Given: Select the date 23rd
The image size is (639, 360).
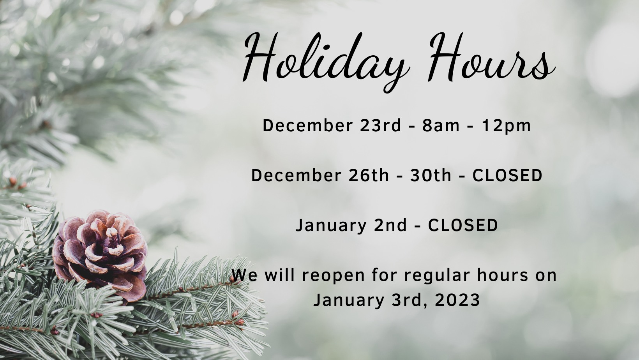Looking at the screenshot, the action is click(380, 125).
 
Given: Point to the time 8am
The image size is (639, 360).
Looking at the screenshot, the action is click(441, 125).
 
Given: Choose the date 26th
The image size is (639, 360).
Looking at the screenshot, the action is click(369, 175).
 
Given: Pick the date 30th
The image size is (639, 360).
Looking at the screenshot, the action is click(431, 175).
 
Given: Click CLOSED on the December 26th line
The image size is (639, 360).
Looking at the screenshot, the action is click(507, 175).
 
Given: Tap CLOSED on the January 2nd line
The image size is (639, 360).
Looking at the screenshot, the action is click(463, 225).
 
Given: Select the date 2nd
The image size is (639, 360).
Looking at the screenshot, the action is click(390, 225).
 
